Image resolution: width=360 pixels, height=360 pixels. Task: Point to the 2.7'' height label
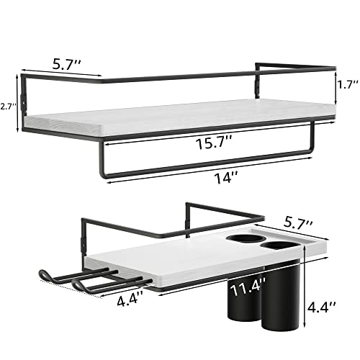coord(8,106)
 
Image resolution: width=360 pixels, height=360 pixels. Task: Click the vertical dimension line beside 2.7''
coord(22,106)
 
